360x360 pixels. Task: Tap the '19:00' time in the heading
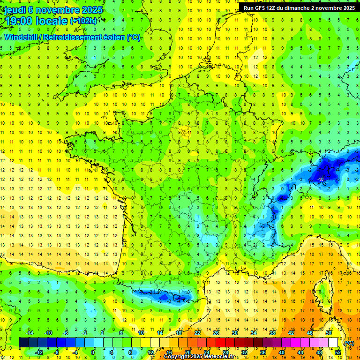pos(19,21)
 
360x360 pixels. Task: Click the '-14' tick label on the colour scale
pos(30,333)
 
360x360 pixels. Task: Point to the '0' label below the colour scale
pos(92,352)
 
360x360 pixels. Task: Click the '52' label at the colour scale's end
pos(337,352)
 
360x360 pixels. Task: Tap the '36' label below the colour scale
pos(262,352)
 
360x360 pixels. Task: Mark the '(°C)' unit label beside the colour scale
pos(349,343)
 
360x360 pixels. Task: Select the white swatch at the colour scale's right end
pos(333,343)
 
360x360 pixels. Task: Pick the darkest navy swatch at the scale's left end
pos(23,343)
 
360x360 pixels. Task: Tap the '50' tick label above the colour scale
pos(329,333)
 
